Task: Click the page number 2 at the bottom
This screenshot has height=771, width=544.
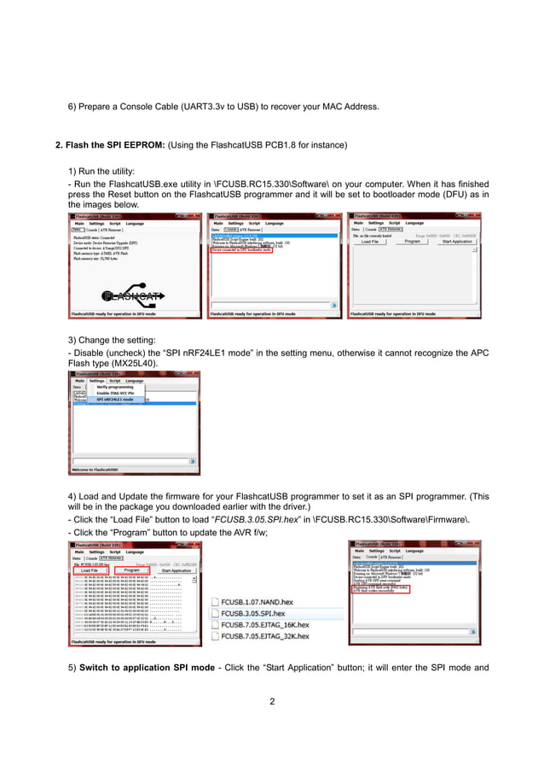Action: (271, 702)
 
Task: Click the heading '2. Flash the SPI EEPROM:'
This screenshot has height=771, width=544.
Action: (110, 145)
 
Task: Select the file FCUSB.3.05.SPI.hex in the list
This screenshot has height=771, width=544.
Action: (253, 613)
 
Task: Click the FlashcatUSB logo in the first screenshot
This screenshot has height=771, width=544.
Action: (132, 295)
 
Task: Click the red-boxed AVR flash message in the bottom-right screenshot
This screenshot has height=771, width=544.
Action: (382, 588)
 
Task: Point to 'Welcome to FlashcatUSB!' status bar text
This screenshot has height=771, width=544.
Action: (95, 470)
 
